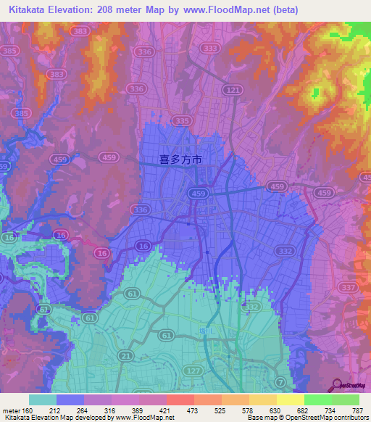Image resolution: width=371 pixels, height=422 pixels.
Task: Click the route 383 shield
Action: click(x=81, y=33)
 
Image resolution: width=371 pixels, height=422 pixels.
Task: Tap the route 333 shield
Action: click(x=211, y=49)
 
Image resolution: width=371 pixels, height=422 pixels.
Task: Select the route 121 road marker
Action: click(x=232, y=89)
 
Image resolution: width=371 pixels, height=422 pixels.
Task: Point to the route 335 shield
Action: click(x=183, y=120)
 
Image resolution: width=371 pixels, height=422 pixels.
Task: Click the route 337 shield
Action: click(x=347, y=288)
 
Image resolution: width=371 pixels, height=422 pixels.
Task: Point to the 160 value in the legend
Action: click(x=28, y=410)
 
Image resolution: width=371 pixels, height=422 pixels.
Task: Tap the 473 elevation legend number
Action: click(x=193, y=410)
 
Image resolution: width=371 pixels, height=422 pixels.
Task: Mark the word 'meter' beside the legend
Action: click(x=12, y=410)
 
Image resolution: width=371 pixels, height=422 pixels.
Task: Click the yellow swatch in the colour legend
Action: click(x=290, y=400)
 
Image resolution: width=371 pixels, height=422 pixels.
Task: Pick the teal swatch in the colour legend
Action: click(x=42, y=400)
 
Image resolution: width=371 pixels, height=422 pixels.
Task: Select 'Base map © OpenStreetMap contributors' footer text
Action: click(x=306, y=418)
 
